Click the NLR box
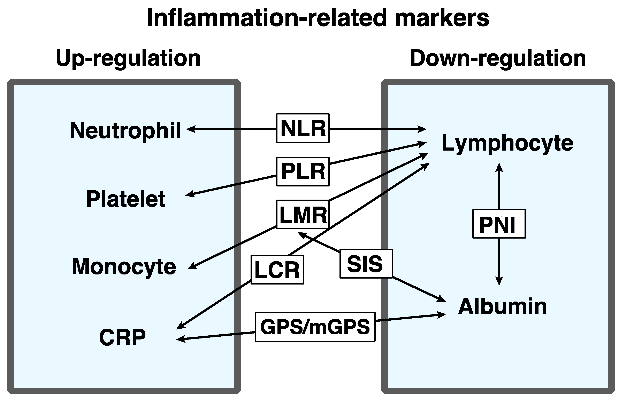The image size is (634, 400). (x=303, y=128)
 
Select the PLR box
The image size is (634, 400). (x=303, y=171)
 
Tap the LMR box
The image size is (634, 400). (x=303, y=215)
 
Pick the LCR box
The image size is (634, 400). (x=277, y=270)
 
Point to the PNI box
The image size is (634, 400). (x=499, y=224)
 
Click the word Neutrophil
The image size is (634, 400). (x=125, y=130)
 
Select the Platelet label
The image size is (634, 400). (x=126, y=199)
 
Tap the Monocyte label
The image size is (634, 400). (x=124, y=267)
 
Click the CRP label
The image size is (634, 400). (x=122, y=337)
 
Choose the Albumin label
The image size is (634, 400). (x=502, y=307)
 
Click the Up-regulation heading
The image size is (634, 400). (x=128, y=58)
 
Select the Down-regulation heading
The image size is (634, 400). (x=498, y=58)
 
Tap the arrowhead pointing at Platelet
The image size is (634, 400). (x=190, y=195)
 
